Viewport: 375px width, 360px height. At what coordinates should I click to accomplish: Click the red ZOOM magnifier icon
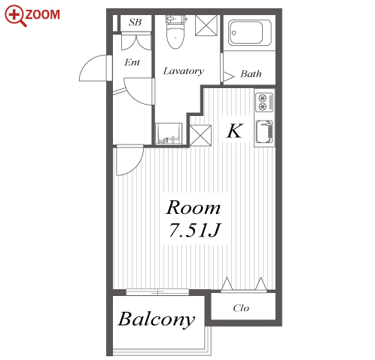[x=15, y=16]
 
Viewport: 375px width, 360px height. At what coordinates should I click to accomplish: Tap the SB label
[x=136, y=23]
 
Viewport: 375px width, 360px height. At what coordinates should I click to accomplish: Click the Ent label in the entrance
[x=132, y=62]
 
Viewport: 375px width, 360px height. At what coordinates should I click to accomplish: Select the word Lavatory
[x=184, y=72]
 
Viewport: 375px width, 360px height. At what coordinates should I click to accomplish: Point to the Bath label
[x=251, y=74]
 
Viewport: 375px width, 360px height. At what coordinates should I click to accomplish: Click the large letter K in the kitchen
[x=235, y=131]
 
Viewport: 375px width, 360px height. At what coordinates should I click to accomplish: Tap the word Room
[x=194, y=208]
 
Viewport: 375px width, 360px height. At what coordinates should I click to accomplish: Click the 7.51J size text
[x=194, y=230]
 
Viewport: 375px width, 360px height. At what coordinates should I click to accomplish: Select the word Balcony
[x=157, y=319]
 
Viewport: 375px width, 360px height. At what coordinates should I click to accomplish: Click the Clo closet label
[x=241, y=308]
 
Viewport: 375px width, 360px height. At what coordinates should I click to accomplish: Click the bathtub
[x=249, y=33]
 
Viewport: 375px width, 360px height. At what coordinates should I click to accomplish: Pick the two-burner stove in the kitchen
[x=264, y=102]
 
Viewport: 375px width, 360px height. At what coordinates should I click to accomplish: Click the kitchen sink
[x=264, y=132]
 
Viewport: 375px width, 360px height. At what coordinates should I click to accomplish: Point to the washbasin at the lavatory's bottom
[x=169, y=133]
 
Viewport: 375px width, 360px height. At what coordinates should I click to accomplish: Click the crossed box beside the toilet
[x=206, y=26]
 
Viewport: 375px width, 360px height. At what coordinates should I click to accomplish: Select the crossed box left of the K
[x=200, y=136]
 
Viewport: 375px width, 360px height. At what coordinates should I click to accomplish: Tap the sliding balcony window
[x=157, y=292]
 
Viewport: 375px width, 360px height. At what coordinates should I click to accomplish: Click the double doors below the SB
[x=136, y=41]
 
